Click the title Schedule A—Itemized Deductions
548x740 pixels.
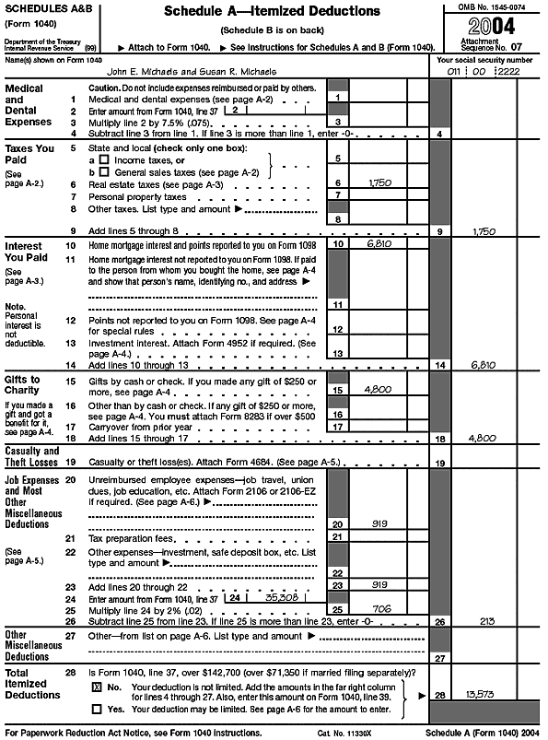pos(271,11)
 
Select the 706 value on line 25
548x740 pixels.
pos(381,609)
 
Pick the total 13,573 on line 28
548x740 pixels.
pos(488,692)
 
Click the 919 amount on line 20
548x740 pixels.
pos(379,523)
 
